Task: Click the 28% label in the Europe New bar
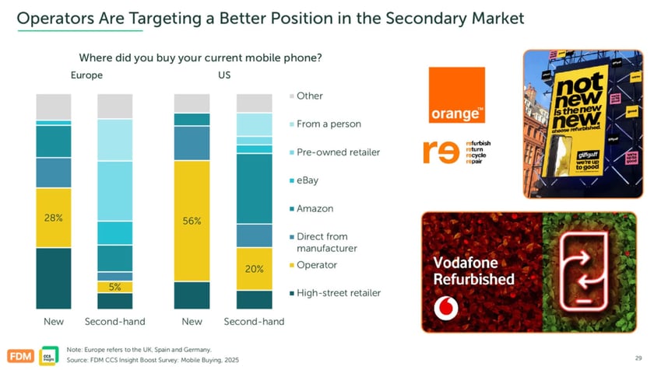pos(53,218)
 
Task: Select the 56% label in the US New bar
pos(192,221)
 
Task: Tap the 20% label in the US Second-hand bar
pos(254,269)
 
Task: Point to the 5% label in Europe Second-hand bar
pos(114,287)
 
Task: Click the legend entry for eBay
pos(307,180)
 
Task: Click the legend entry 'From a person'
pos(328,124)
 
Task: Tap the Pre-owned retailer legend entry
pos(334,152)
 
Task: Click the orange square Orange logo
pos(457,95)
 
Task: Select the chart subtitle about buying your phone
pos(200,58)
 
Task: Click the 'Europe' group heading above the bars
pos(86,76)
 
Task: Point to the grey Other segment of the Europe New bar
pos(53,106)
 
